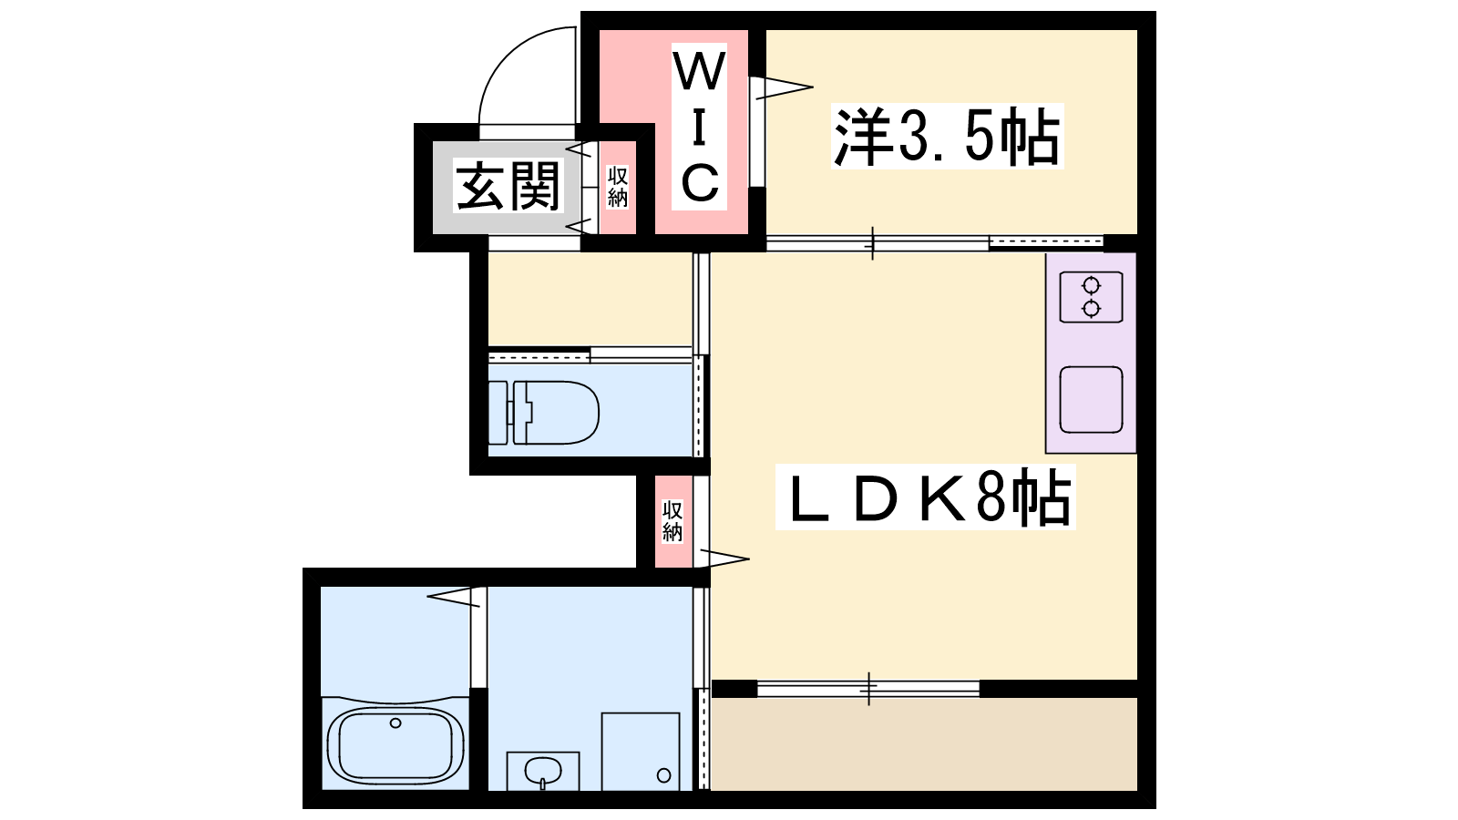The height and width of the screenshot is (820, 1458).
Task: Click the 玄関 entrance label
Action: click(x=508, y=187)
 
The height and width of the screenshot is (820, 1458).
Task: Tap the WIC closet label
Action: click(x=700, y=127)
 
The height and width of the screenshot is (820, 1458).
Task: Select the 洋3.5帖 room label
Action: click(x=947, y=137)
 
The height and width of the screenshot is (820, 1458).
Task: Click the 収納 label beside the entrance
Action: click(x=617, y=187)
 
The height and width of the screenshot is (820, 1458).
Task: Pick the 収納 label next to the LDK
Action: click(x=673, y=520)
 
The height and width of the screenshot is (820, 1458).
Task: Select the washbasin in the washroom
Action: click(x=543, y=771)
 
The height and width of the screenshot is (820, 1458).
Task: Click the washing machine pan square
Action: click(x=641, y=752)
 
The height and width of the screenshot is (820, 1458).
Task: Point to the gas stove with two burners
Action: click(x=1091, y=297)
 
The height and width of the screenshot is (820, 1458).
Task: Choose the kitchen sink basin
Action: click(x=1091, y=400)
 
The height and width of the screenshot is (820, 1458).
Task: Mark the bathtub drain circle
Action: click(x=395, y=723)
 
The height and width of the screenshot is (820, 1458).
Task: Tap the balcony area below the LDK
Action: click(x=924, y=743)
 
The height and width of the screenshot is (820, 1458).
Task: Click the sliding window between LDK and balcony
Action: click(x=869, y=689)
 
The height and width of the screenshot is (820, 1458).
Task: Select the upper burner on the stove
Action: click(x=1091, y=286)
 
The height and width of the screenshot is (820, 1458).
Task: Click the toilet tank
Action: click(x=498, y=413)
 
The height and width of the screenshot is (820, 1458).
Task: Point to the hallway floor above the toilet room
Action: click(x=590, y=300)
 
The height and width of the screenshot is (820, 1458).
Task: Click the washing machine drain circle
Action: click(x=664, y=775)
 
